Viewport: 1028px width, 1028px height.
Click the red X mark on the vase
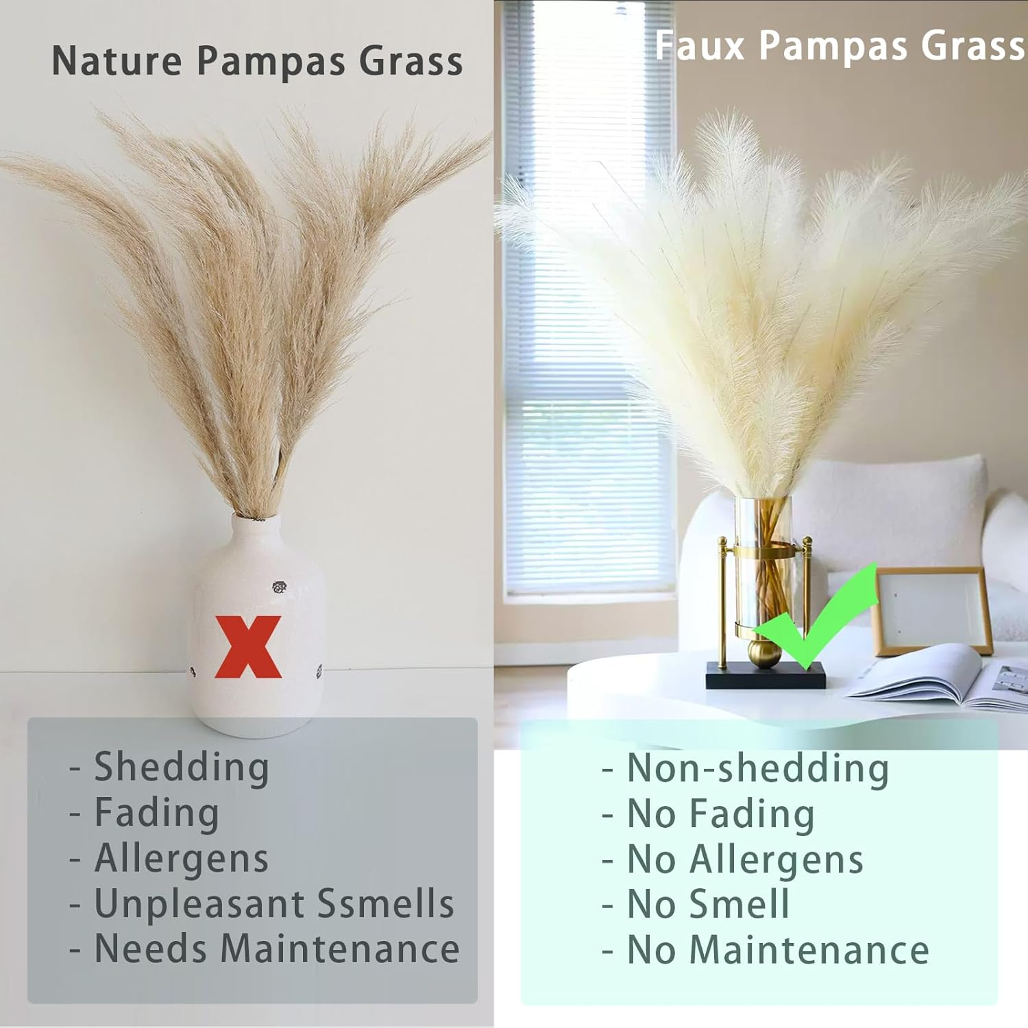point(248,647)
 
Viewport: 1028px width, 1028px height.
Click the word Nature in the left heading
point(117,61)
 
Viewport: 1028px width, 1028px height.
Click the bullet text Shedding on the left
point(181,767)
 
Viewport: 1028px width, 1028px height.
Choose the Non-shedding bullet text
point(757,768)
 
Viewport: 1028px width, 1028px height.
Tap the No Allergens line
point(745,859)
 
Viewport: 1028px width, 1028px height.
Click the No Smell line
point(708,905)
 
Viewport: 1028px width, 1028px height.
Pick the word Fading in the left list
point(156,813)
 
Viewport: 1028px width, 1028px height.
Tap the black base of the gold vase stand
point(766,676)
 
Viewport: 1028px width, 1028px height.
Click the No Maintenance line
point(777,951)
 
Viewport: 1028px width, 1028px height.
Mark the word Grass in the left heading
point(411,61)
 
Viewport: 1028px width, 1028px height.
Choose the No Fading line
point(720,814)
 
